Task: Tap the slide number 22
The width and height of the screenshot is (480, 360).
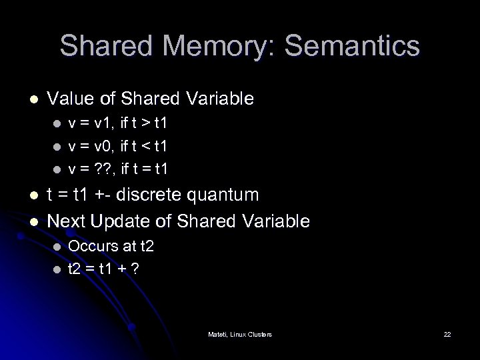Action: pos(447,333)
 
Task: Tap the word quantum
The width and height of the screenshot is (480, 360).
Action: pos(225,195)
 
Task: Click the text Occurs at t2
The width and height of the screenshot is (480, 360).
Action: pos(111,247)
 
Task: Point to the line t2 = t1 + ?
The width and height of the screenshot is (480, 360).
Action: pos(104,269)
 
